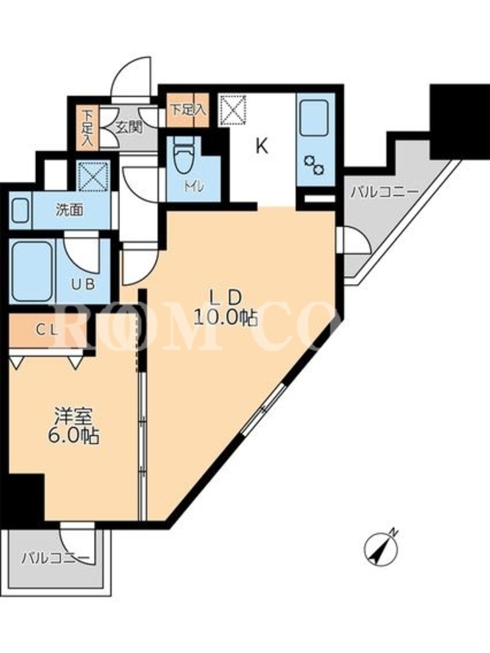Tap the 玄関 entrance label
coord(128,127)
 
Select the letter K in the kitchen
coord(261,147)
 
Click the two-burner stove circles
coord(314,165)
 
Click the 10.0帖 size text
coord(225,318)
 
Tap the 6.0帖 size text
coord(73,436)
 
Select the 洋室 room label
coord(73,415)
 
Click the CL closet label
coord(47,330)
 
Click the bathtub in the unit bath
coord(32,272)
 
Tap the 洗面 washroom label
coord(70,211)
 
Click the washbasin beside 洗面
coord(20,211)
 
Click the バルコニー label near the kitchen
coord(384,193)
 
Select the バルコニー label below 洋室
coord(56,558)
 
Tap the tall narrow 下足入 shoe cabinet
coord(87,128)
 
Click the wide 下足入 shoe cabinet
coord(187,109)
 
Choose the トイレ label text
coord(194,187)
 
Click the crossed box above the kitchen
coord(234,109)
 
